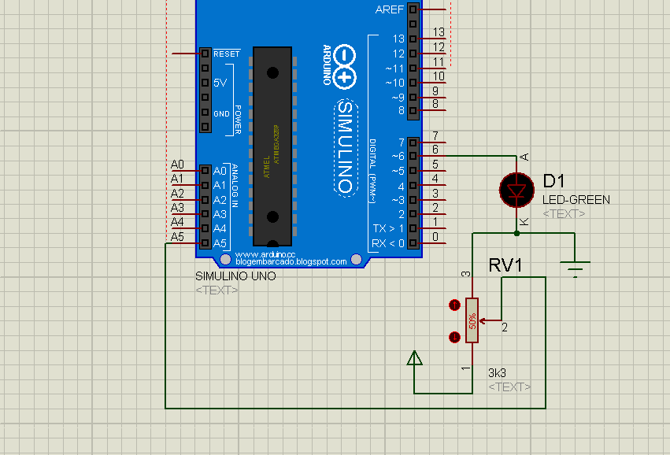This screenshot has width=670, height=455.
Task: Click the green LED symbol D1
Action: click(516, 190)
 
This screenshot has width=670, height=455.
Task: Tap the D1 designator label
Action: click(554, 181)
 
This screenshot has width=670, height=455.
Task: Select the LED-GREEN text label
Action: click(576, 200)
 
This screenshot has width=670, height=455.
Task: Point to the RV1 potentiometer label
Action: click(505, 265)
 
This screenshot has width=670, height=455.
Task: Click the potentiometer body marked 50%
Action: click(472, 320)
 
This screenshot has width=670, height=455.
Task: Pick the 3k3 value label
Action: click(498, 373)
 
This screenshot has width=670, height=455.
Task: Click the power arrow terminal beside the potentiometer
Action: click(414, 359)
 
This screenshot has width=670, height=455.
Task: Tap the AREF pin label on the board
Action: click(390, 9)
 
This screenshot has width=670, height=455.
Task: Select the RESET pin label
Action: click(226, 54)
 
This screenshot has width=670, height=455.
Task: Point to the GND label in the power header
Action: click(222, 113)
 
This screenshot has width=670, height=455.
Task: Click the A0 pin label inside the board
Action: click(220, 171)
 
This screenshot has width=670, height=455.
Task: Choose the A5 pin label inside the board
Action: click(220, 243)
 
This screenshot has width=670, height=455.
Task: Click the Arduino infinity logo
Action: click(344, 66)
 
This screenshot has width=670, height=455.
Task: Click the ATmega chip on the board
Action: click(272, 146)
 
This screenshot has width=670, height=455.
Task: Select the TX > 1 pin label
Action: click(389, 228)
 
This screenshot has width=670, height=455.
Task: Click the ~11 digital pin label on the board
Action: click(394, 68)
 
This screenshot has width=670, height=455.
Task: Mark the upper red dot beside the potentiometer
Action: click(453, 305)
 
